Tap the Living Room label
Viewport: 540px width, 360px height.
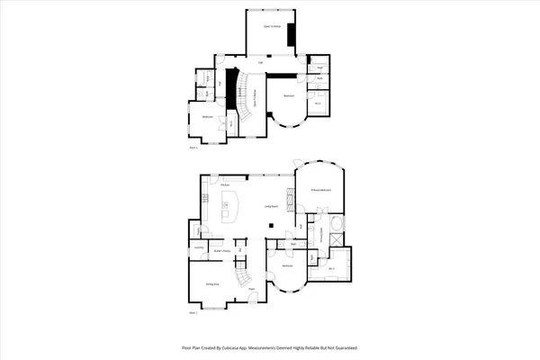(269, 208)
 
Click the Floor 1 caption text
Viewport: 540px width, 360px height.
(193, 313)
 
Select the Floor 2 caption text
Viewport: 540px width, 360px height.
(193, 147)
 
